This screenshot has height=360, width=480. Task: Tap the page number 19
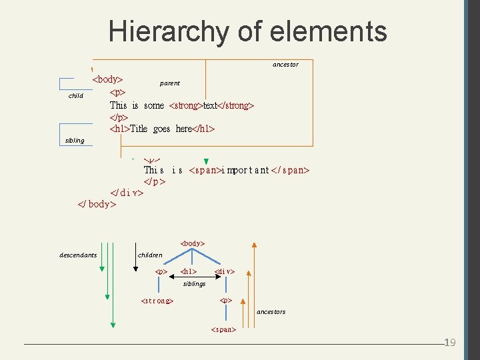pyautogui.click(x=449, y=343)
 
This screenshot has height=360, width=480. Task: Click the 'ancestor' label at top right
pyautogui.click(x=285, y=65)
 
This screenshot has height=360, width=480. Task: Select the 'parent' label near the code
pyautogui.click(x=170, y=83)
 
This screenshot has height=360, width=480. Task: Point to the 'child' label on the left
pyautogui.click(x=75, y=96)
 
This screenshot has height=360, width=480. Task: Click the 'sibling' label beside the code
pyautogui.click(x=75, y=141)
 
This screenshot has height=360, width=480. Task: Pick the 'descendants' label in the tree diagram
pyautogui.click(x=78, y=255)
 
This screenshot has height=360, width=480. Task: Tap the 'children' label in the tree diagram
pyautogui.click(x=150, y=255)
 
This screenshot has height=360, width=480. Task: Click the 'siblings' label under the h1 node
pyautogui.click(x=194, y=283)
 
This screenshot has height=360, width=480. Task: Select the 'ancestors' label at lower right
pyautogui.click(x=271, y=311)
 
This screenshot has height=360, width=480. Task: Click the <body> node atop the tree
pyautogui.click(x=193, y=243)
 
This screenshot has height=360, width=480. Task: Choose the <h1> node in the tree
pyautogui.click(x=189, y=272)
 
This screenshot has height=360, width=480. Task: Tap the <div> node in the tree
pyautogui.click(x=225, y=272)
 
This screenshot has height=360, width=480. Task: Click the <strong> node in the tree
pyautogui.click(x=157, y=301)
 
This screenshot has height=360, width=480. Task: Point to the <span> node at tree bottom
pyautogui.click(x=223, y=329)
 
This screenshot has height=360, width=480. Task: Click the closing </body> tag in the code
pyautogui.click(x=97, y=204)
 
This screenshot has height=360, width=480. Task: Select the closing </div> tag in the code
pyautogui.click(x=127, y=193)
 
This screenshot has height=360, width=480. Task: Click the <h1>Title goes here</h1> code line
pyautogui.click(x=162, y=129)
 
